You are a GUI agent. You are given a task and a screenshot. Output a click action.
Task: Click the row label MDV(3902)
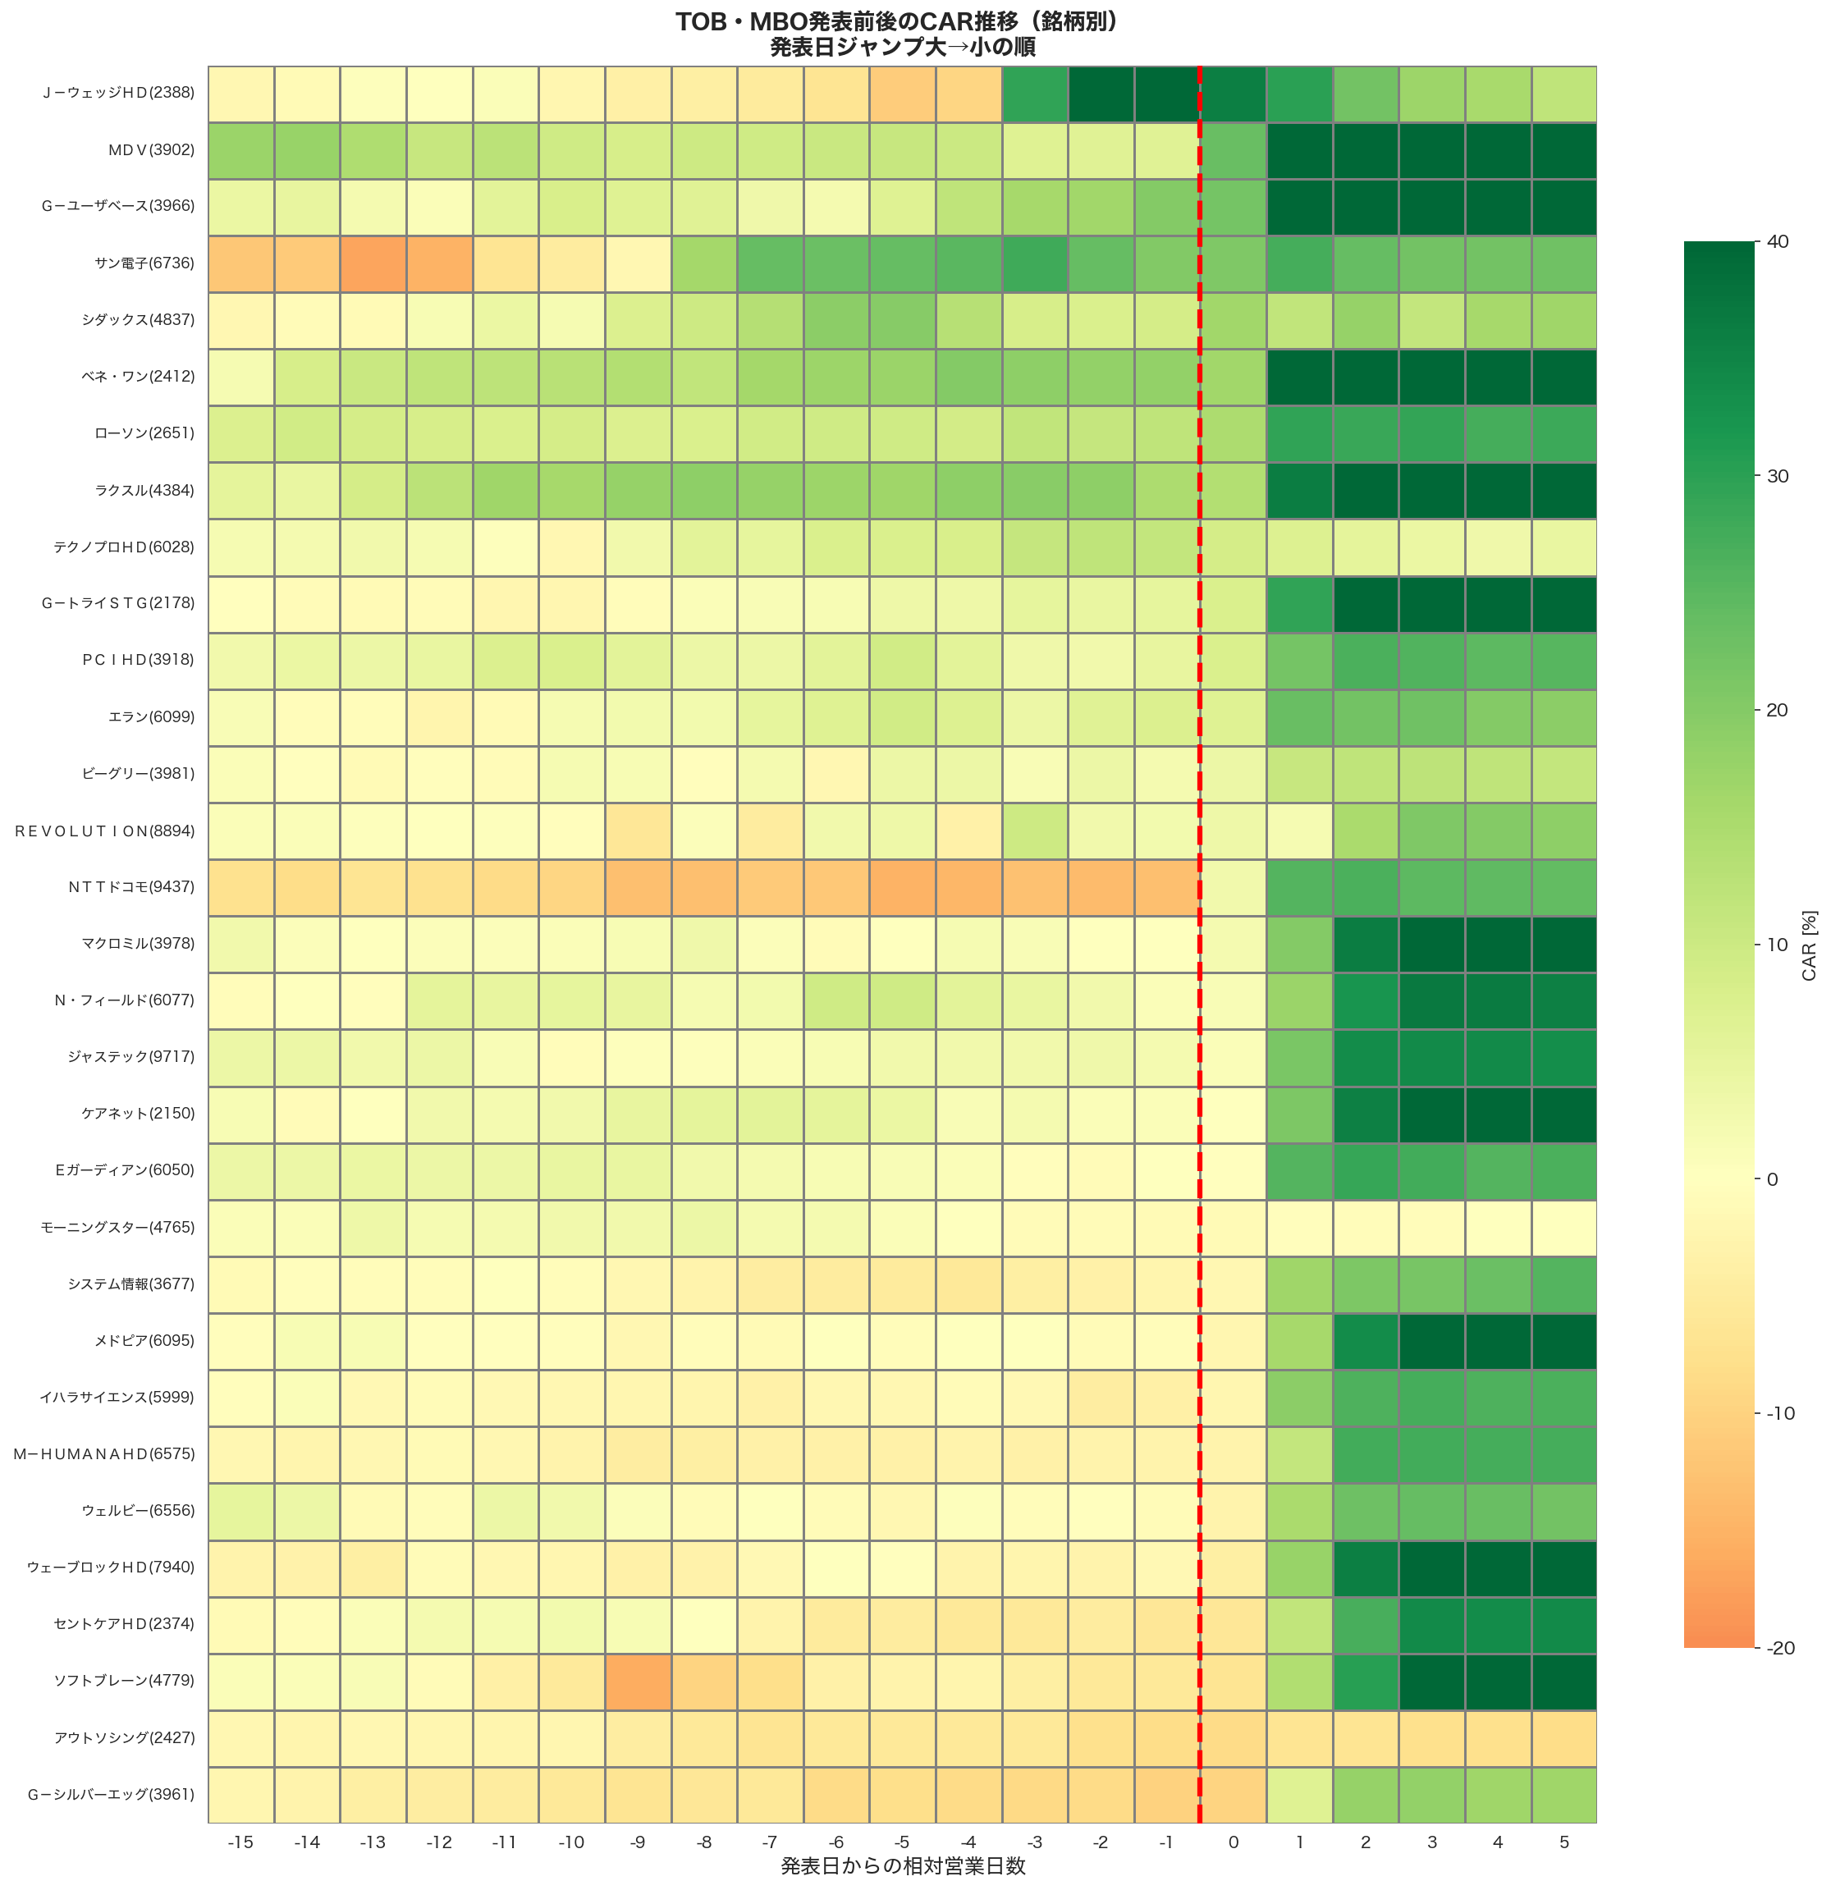click(150, 150)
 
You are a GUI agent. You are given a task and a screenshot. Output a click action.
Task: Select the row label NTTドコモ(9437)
click(131, 887)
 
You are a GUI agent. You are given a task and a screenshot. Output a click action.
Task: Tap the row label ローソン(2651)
click(144, 433)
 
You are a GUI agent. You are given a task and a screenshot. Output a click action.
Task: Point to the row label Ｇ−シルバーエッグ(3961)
click(110, 1795)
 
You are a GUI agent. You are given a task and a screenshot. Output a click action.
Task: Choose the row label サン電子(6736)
click(144, 263)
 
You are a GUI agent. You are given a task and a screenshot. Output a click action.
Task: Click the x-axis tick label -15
click(240, 1842)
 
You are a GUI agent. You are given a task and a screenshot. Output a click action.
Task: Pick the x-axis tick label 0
click(1234, 1842)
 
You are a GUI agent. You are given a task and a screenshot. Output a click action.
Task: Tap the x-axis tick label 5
click(1564, 1842)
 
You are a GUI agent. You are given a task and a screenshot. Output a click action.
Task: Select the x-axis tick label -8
click(704, 1842)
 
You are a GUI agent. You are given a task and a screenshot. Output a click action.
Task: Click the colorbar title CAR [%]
click(1809, 945)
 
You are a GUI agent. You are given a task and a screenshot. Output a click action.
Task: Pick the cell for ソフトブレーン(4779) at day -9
click(638, 1681)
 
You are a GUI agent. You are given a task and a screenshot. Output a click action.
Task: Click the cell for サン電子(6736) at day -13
click(373, 263)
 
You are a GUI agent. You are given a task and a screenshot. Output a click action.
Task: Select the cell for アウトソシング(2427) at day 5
click(1564, 1737)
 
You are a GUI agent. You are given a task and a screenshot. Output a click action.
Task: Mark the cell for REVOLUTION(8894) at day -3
click(1035, 831)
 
